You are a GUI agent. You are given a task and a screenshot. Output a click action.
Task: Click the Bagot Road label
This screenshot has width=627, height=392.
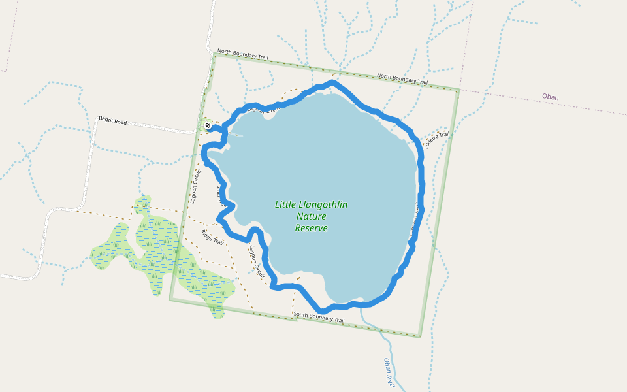click(112, 121)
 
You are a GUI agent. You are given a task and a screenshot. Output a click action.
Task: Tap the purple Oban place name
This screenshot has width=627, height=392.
click(550, 97)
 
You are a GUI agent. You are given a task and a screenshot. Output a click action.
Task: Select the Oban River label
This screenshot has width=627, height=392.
click(390, 372)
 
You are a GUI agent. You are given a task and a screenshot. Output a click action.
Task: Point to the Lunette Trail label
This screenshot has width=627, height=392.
click(437, 140)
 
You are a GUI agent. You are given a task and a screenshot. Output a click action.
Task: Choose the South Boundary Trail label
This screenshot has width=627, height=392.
click(319, 318)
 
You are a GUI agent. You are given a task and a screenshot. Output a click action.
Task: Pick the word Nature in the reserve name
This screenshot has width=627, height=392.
click(312, 216)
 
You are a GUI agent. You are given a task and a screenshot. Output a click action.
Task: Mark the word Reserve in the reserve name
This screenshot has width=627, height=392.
click(312, 228)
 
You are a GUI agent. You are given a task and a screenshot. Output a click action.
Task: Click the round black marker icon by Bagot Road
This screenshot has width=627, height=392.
click(208, 125)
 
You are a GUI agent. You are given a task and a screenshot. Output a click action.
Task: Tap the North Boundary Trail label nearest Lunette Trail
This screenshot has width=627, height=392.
click(402, 79)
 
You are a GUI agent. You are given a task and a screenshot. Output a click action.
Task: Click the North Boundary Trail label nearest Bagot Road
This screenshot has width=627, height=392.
click(243, 54)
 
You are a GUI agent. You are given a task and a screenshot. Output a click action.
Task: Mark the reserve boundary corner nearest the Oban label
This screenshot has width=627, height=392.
click(458, 90)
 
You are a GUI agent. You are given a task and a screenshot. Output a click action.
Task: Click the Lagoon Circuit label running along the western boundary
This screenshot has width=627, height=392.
click(195, 187)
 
